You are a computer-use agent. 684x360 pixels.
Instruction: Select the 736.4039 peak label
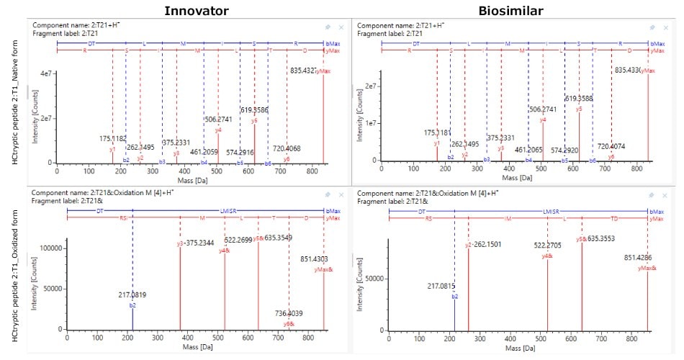pos(289,313)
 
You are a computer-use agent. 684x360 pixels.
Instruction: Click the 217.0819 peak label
pos(132,294)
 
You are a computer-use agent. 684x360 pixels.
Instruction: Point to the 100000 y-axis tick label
pos(46,248)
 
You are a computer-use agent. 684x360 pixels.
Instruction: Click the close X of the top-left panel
pos(341,27)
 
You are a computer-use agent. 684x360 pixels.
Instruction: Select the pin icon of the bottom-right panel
pos(652,195)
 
